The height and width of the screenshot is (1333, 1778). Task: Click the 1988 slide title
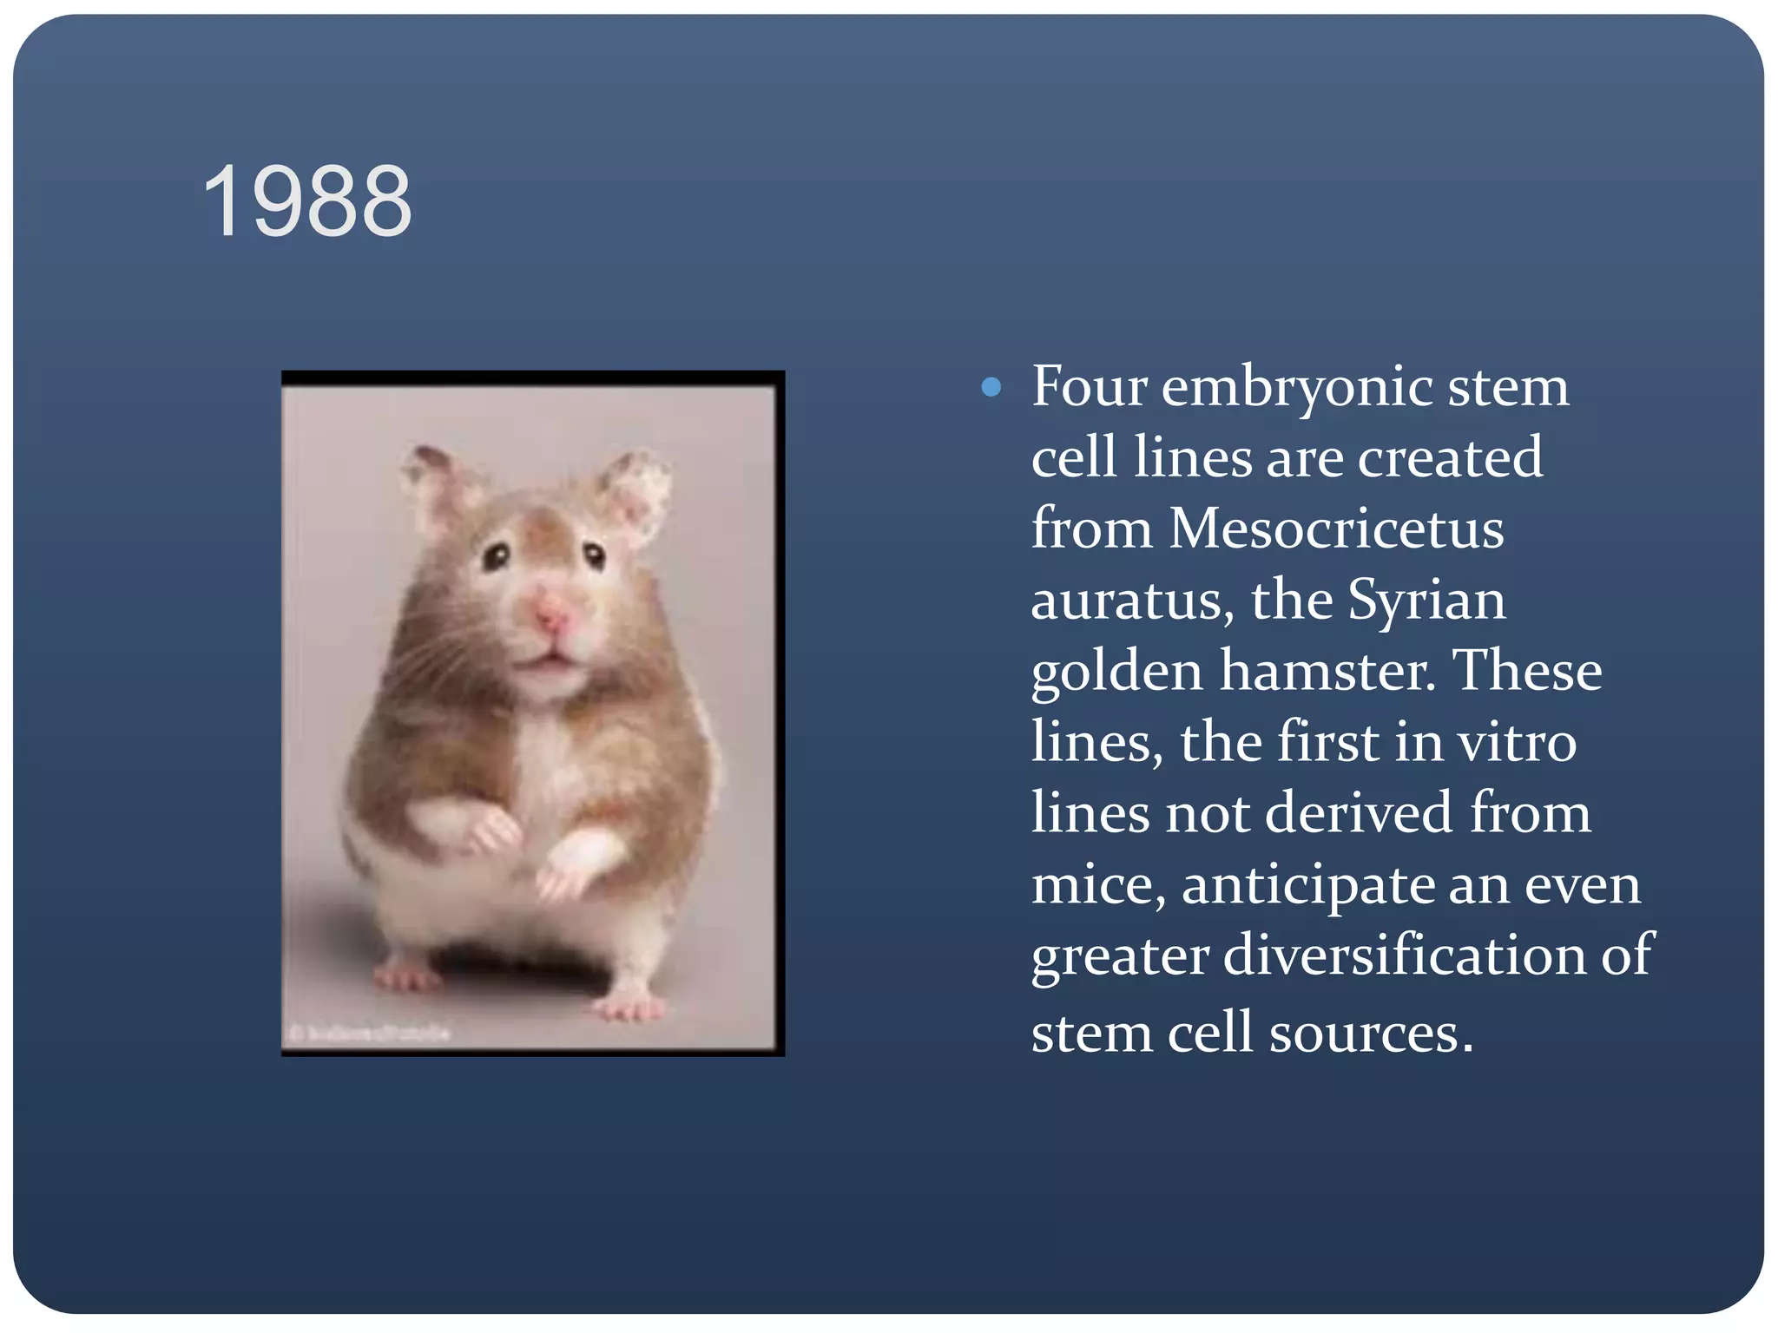[307, 202]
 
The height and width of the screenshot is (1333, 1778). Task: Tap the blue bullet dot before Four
[991, 387]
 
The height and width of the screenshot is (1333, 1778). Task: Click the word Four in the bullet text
[1090, 386]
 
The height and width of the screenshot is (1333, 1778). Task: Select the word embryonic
[1297, 388]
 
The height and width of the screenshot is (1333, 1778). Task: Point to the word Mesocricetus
[1336, 529]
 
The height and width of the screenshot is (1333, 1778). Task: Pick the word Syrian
[1426, 601]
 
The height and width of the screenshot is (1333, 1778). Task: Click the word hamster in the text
[1323, 671]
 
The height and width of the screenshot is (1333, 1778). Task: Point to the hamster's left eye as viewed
[496, 555]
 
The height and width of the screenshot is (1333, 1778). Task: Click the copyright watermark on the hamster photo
[370, 1033]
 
